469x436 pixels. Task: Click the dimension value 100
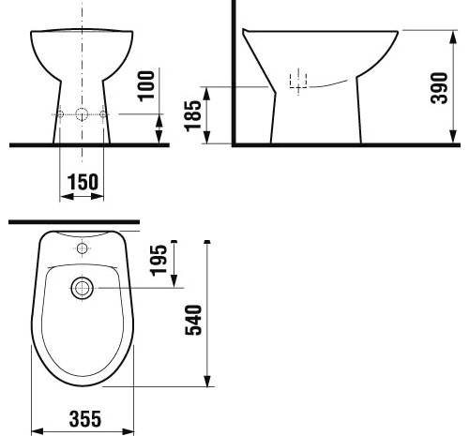coord(146,86)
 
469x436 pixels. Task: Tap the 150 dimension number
coord(83,182)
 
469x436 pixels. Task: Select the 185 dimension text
coord(193,116)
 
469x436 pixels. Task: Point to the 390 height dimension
coord(439,88)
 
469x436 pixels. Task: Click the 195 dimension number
coord(159,261)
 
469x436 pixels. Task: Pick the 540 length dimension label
coord(193,320)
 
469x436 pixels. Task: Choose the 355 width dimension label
coord(85,419)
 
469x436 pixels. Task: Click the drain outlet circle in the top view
coord(82,288)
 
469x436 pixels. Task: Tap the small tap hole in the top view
coord(82,248)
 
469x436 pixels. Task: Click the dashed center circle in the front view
coord(82,114)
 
